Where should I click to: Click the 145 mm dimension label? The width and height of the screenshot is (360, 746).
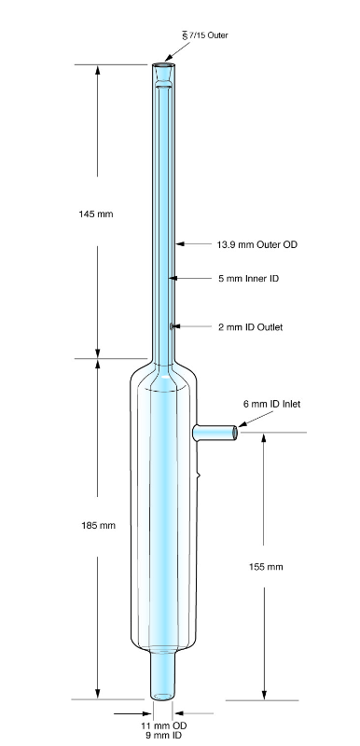pos(96,214)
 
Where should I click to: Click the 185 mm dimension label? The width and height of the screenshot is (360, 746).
pos(99,526)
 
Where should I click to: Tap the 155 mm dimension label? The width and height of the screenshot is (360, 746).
pos(266,567)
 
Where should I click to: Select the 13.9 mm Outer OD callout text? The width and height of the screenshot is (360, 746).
pos(257,244)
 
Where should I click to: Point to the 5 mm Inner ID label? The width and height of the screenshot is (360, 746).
pos(249,278)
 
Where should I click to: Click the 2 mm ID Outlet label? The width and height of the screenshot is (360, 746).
pos(251,327)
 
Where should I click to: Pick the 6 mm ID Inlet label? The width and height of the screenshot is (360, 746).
pos(272,404)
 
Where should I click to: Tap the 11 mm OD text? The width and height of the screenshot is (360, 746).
pos(163,725)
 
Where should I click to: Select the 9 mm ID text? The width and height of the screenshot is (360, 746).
pos(163,735)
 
